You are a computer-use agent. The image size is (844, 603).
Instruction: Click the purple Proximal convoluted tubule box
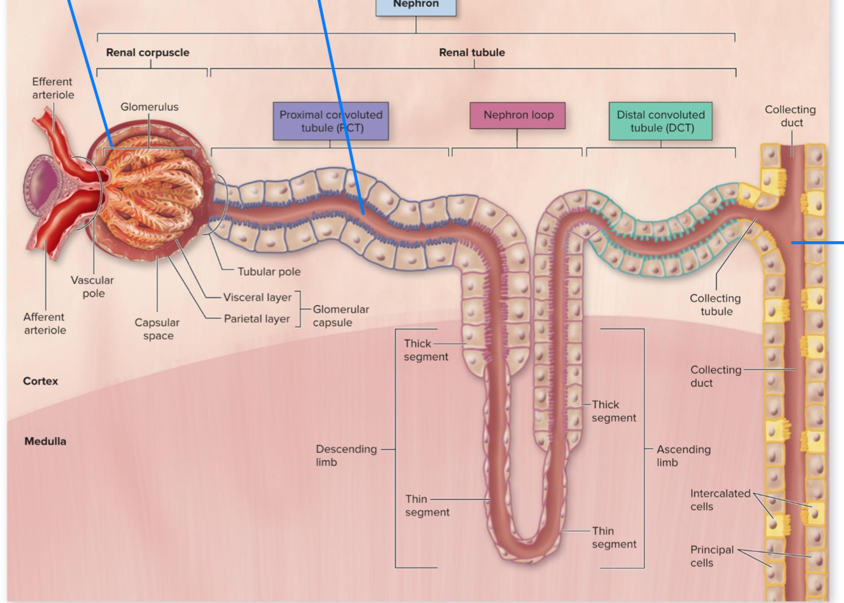coord(331,121)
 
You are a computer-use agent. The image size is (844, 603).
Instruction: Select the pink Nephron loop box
coord(518,115)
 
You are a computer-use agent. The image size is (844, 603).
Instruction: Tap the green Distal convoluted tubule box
coord(661,121)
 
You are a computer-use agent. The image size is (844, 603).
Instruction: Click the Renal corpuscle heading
coord(147,53)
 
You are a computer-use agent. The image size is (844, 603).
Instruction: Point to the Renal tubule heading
coord(472,53)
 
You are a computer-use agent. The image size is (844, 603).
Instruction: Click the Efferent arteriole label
coord(53,88)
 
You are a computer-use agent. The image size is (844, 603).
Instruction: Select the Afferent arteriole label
coord(44,323)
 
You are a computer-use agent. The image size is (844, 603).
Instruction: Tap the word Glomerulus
coord(149,107)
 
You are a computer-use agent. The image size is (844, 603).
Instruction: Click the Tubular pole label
coord(269,271)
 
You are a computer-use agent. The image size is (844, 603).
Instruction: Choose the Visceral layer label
coord(257,297)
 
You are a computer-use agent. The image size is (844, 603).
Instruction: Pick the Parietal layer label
coord(256,319)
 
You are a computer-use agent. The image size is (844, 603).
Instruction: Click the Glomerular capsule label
coord(340,316)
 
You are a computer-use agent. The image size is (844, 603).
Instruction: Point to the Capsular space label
coord(157,329)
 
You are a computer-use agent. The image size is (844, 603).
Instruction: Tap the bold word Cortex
coord(40,381)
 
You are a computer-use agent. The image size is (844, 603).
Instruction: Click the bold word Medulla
coord(45,441)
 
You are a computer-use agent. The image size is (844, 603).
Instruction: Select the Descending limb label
coord(345,456)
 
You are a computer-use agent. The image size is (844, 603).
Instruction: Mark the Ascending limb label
coord(683,456)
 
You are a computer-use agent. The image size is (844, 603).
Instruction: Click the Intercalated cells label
coord(719,500)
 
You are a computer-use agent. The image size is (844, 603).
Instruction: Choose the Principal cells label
coord(712,556)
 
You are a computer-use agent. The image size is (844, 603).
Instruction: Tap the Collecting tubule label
coord(715,304)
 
